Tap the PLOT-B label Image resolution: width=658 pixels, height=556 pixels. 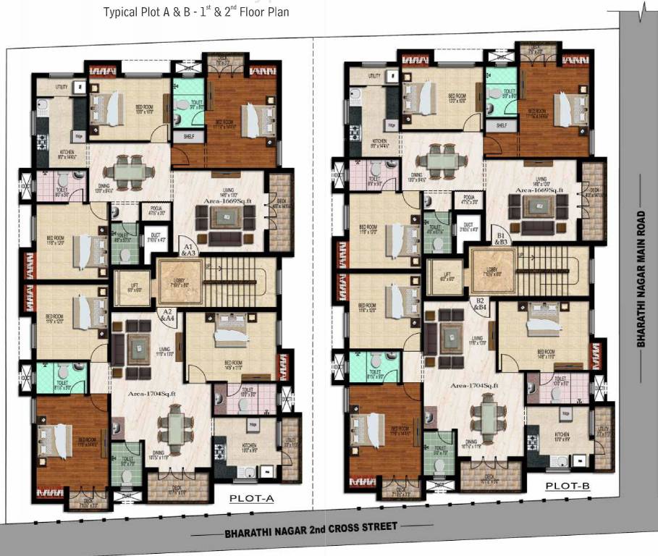click(x=568, y=487)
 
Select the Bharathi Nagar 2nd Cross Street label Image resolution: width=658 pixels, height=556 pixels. click(x=311, y=528)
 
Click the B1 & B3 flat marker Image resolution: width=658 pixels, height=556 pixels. click(x=501, y=240)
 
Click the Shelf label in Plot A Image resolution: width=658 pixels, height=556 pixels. click(x=188, y=136)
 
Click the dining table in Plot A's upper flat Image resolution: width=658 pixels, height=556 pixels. click(x=129, y=172)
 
